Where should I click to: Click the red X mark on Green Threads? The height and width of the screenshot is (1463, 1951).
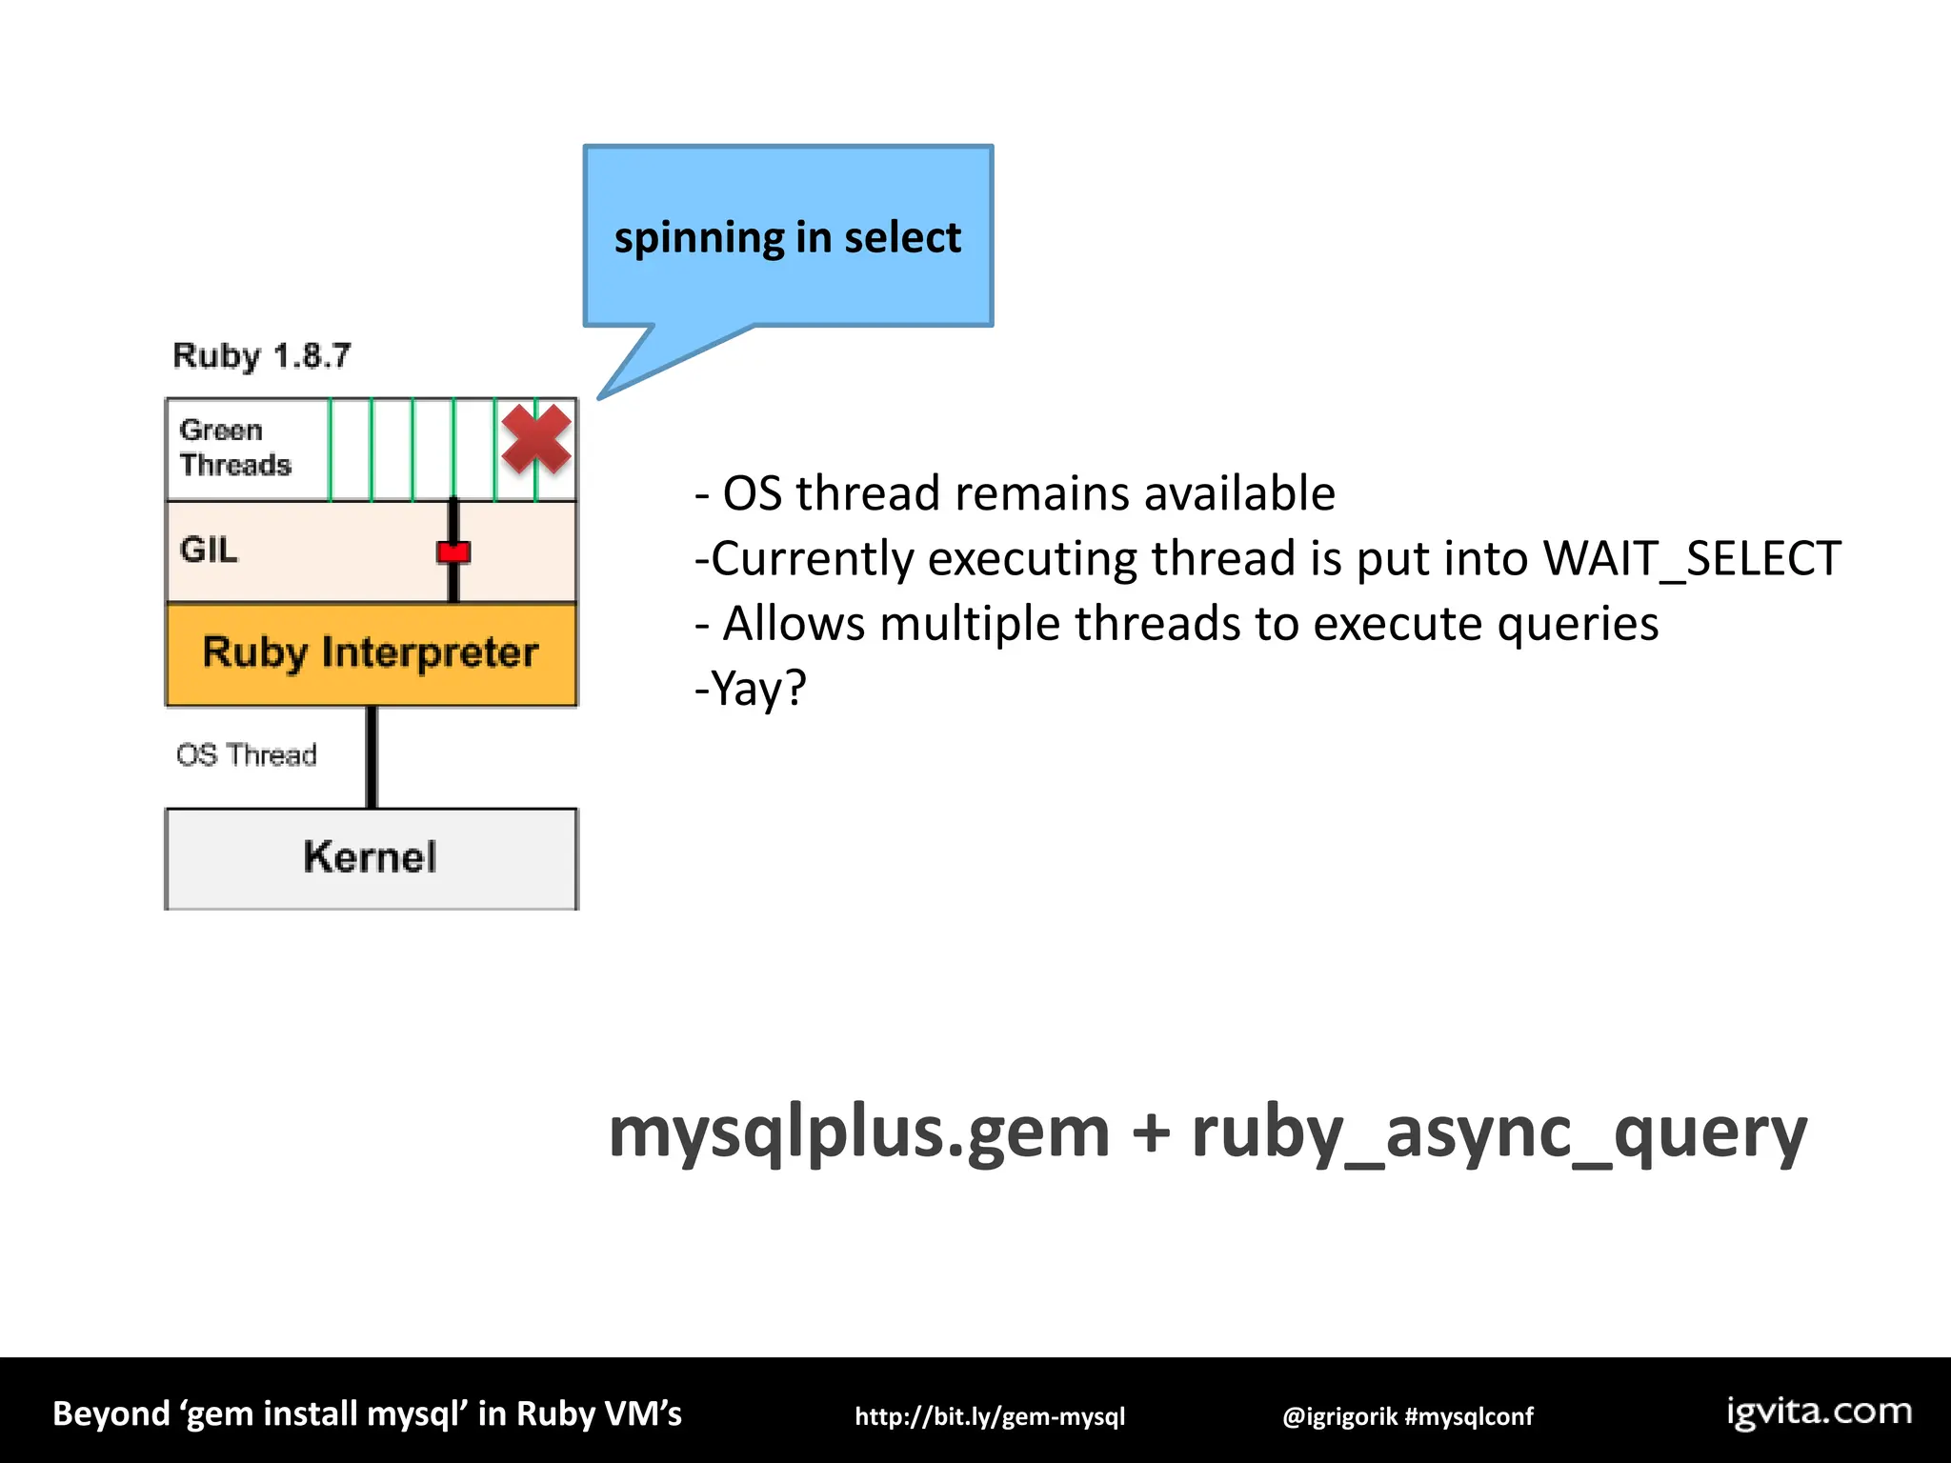click(536, 439)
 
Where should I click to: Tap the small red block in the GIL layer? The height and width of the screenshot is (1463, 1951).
click(453, 552)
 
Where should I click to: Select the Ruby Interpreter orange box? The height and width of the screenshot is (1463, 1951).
click(371, 654)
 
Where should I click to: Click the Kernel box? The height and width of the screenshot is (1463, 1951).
click(371, 857)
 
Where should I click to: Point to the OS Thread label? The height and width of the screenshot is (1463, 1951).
click(246, 755)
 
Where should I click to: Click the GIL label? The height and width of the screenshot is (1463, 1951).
click(209, 551)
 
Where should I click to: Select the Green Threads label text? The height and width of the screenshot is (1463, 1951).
click(234, 448)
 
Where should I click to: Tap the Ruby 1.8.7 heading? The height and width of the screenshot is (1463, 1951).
click(262, 356)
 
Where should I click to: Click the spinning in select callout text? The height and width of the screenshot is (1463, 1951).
click(787, 237)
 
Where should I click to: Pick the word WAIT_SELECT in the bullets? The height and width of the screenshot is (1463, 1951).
click(1691, 559)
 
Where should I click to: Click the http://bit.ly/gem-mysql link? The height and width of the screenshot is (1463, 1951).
click(990, 1416)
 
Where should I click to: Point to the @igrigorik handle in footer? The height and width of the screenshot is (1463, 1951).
click(1339, 1416)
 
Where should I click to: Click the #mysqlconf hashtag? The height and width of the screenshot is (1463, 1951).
click(1470, 1416)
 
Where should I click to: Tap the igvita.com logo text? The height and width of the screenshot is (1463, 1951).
click(1820, 1412)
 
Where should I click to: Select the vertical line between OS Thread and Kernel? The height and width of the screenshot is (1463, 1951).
click(372, 757)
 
